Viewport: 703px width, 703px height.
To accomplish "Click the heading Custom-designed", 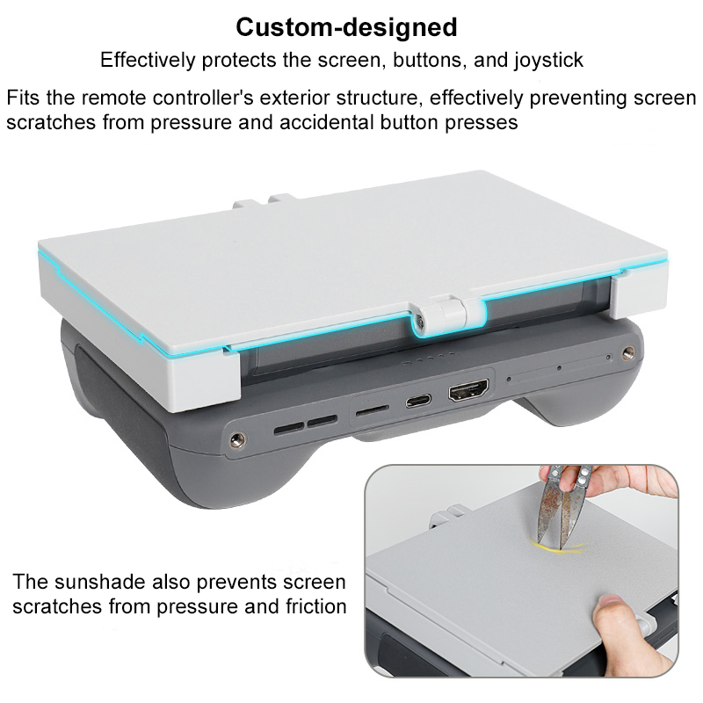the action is [x=346, y=27].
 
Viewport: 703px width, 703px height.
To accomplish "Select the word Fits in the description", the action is [x=23, y=98].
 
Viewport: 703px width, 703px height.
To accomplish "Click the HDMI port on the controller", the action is [x=468, y=390].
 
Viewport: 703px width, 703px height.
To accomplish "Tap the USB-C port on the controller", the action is [x=418, y=401].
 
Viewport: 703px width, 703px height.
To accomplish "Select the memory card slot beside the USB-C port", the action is [x=372, y=409].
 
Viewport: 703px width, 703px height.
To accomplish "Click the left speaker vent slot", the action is [x=289, y=429].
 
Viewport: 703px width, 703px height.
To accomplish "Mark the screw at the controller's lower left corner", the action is [x=237, y=440].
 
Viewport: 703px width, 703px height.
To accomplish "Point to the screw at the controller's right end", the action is [x=628, y=352].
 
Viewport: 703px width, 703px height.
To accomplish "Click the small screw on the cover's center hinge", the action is [x=419, y=320].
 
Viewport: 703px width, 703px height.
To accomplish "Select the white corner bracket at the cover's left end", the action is [x=203, y=381].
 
